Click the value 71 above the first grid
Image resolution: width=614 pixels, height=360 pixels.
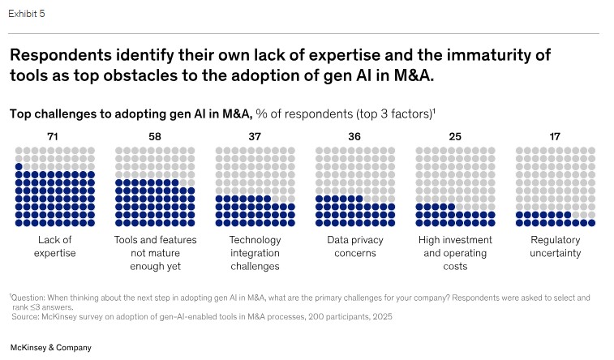(54, 136)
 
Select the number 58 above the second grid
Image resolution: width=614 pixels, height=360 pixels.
(155, 136)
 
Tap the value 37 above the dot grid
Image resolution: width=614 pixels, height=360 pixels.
(255, 136)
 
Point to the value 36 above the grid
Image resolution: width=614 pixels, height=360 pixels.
(354, 136)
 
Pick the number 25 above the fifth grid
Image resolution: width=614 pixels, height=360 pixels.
(455, 136)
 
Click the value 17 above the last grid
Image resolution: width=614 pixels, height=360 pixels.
(555, 136)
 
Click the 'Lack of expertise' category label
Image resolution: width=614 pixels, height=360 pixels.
(55, 246)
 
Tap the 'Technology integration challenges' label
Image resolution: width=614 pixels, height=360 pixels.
(255, 253)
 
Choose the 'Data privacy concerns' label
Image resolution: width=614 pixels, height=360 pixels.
(355, 246)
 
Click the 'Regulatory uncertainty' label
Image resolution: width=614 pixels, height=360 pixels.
(556, 246)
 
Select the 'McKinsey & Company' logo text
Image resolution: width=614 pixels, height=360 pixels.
(50, 347)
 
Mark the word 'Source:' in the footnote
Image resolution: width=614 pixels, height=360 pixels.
(26, 316)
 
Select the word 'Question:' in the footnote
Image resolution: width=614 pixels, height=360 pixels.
(31, 298)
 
